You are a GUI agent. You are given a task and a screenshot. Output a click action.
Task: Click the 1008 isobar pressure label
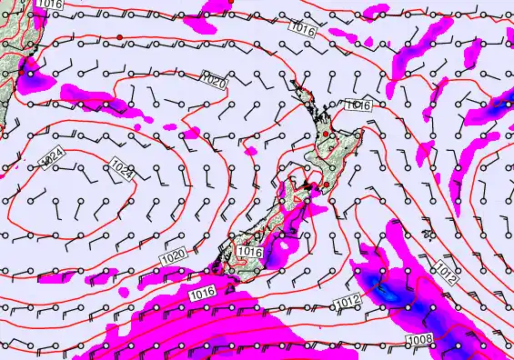point(418,339)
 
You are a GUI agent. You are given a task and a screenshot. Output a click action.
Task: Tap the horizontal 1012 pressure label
point(348,300)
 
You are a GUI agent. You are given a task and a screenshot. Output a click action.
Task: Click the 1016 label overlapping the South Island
point(249,251)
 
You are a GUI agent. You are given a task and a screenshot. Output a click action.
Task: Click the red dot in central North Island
point(332,135)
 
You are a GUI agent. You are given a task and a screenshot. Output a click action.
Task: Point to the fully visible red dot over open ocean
point(119,36)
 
